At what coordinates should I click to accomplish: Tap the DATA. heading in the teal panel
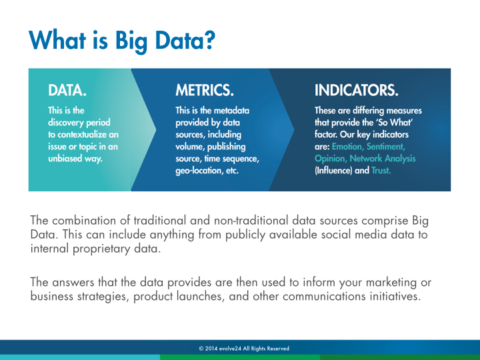(67, 90)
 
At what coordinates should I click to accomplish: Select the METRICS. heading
(205, 90)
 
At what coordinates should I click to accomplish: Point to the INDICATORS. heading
(356, 90)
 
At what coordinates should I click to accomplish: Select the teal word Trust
(381, 170)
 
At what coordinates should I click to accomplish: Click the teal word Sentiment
(386, 147)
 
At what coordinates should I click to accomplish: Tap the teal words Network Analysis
(383, 158)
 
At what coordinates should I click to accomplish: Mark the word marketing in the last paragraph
(391, 282)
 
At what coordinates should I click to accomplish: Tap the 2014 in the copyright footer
(211, 349)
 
